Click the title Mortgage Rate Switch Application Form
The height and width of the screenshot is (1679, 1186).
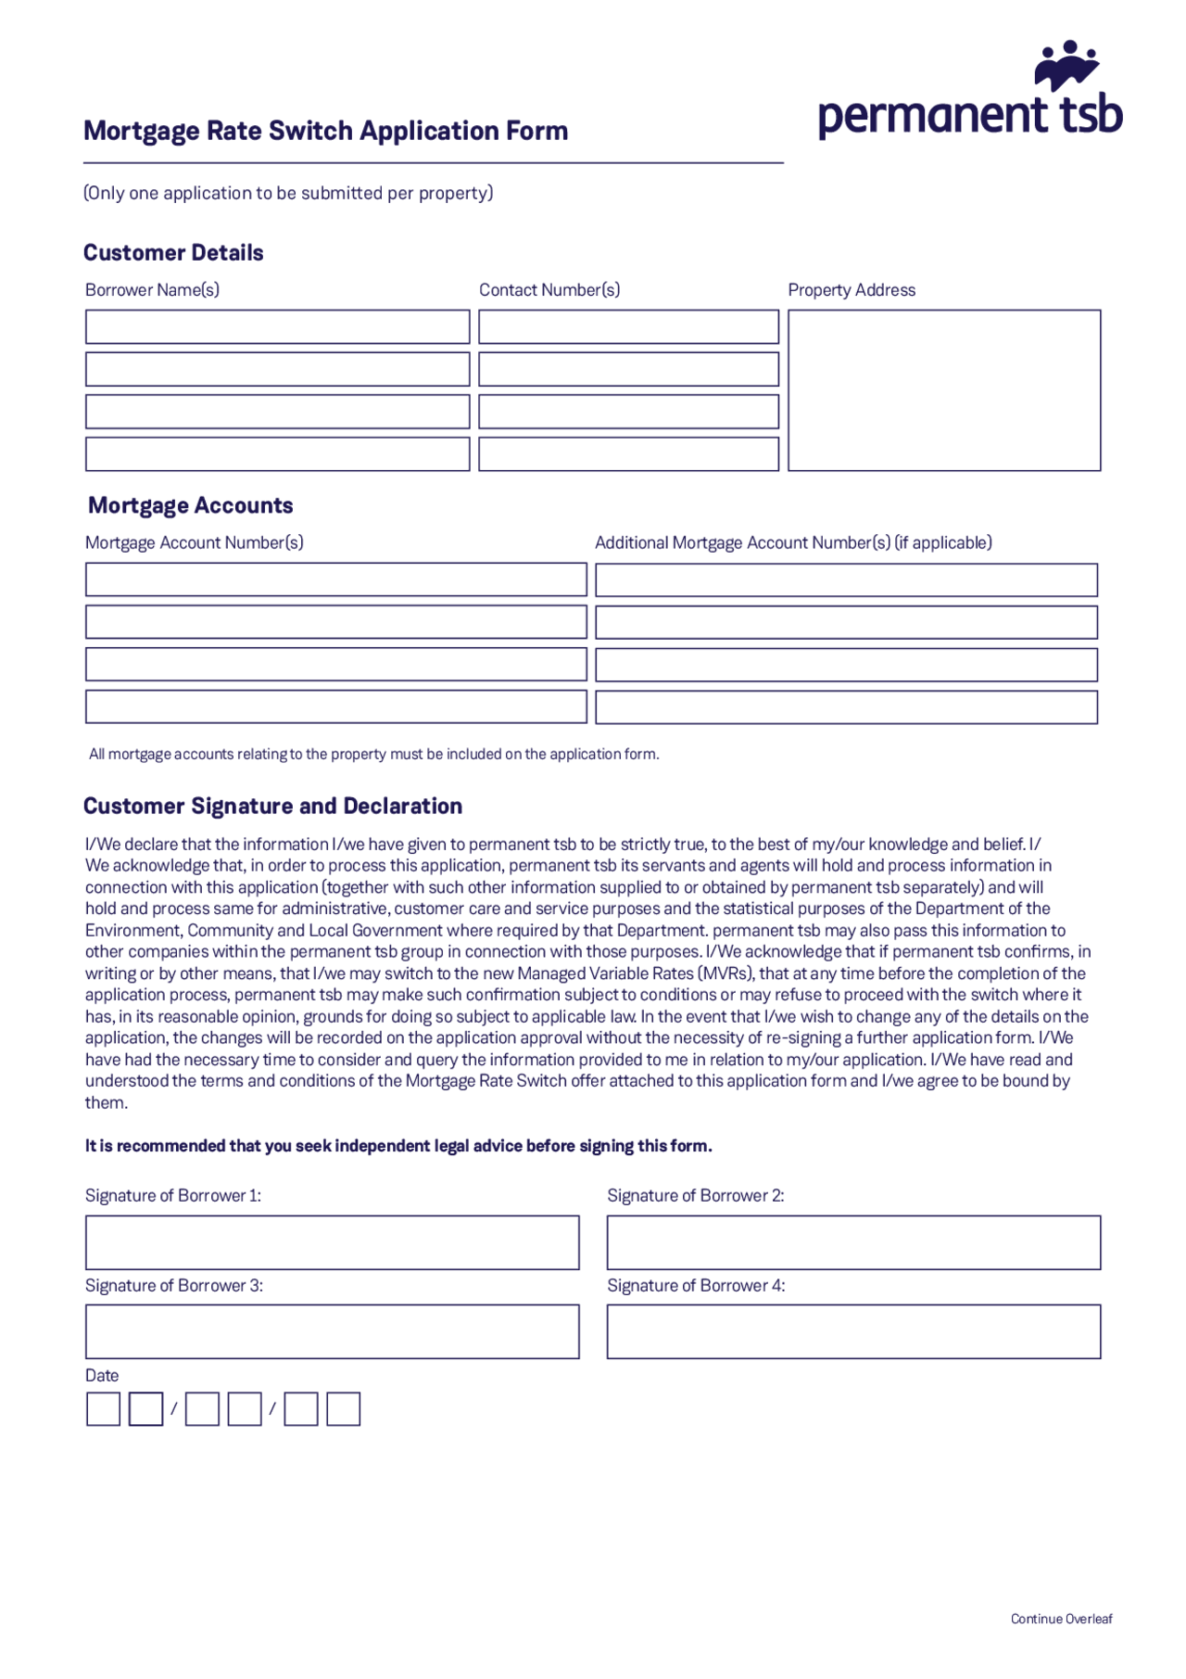point(325,131)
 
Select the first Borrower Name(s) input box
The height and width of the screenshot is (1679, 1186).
point(277,327)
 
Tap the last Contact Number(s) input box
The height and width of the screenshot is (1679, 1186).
point(628,454)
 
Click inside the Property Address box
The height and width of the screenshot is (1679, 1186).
point(944,390)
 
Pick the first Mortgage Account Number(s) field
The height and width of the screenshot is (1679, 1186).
point(335,579)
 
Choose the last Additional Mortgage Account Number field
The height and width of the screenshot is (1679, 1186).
point(846,707)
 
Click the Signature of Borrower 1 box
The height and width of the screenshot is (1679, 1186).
point(332,1242)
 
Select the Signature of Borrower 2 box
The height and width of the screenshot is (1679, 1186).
point(853,1242)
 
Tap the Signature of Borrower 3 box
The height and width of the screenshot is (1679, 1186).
point(332,1331)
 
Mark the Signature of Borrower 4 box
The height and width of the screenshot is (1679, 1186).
point(853,1331)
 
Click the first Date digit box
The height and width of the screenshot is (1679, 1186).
point(103,1409)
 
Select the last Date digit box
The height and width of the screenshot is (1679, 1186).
point(343,1409)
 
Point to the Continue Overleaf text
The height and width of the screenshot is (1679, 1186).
point(1061,1619)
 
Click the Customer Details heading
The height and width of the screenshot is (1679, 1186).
point(173,252)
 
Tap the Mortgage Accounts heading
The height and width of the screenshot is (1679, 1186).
point(190,505)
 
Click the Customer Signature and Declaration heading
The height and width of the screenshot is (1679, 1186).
point(272,806)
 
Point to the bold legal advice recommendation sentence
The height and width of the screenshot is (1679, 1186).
point(398,1146)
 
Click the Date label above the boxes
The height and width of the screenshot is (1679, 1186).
point(102,1376)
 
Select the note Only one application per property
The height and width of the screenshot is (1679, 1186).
point(288,193)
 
